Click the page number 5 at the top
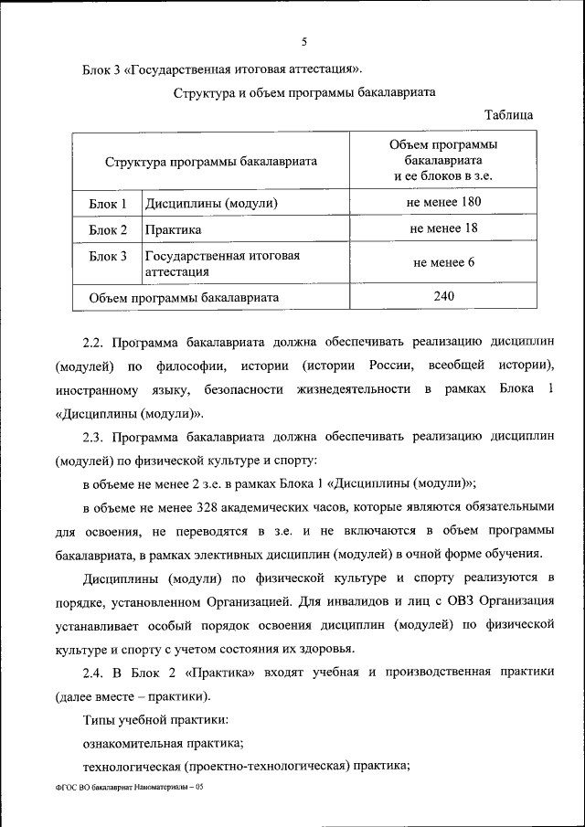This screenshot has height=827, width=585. [x=303, y=40]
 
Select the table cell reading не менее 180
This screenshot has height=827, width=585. [x=444, y=202]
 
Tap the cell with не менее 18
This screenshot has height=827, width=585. [x=444, y=228]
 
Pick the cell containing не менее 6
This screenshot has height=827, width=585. [x=444, y=262]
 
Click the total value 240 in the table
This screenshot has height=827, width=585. [x=444, y=296]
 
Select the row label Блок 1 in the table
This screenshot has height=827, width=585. [x=108, y=203]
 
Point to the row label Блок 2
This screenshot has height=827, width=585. [x=108, y=229]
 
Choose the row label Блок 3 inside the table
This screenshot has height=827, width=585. [x=108, y=256]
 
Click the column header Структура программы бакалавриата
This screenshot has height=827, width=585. [x=211, y=161]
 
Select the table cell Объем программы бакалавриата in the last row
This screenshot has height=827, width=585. [x=184, y=297]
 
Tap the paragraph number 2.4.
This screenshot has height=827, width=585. [x=94, y=672]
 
